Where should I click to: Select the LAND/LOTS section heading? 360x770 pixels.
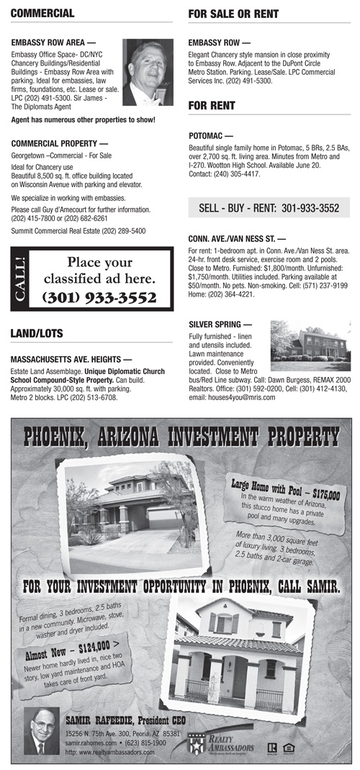point(37,333)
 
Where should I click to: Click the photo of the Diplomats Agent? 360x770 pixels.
point(148,73)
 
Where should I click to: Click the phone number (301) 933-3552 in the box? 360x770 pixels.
point(99,296)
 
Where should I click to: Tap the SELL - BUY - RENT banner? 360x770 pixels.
point(269,208)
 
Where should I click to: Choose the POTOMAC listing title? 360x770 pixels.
point(210,135)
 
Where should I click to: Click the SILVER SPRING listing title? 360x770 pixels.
point(220,325)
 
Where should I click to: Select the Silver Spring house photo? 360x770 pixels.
point(310,341)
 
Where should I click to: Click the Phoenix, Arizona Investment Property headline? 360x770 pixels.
point(181,436)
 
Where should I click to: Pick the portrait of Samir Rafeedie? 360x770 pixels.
point(42,730)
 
